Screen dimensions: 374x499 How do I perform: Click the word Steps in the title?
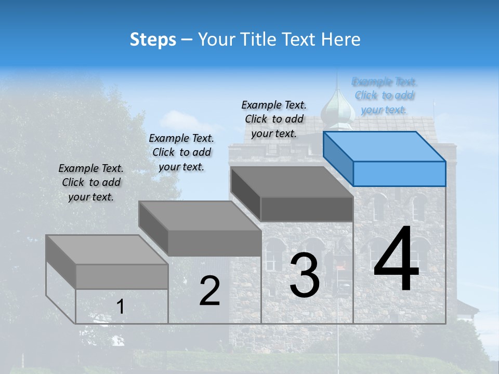[153, 39]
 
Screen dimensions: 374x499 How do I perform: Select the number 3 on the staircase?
[305, 275]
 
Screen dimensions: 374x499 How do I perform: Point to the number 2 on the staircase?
[209, 291]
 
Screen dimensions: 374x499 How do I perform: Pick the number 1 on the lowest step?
[121, 306]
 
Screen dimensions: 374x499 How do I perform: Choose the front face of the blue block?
[399, 173]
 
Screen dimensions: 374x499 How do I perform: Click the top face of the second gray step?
[200, 216]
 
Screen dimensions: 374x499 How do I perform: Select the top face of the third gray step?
[292, 182]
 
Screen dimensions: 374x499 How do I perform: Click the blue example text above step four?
[384, 96]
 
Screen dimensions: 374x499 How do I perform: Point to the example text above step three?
[274, 119]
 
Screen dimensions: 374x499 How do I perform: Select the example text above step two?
[181, 152]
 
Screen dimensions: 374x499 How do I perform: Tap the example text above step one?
[91, 182]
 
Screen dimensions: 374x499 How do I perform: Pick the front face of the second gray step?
[215, 243]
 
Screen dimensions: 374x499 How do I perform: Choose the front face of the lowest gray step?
[122, 276]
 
